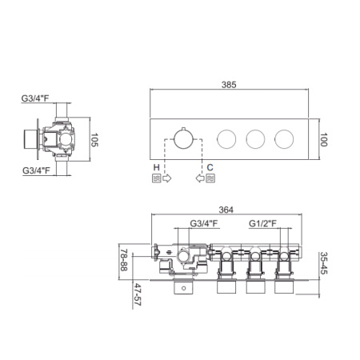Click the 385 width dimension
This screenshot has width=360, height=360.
pyautogui.click(x=229, y=85)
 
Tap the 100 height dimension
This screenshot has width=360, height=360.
pyautogui.click(x=323, y=140)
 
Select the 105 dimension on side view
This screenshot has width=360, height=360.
pyautogui.click(x=94, y=140)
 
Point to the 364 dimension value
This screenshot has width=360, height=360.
pyautogui.click(x=226, y=210)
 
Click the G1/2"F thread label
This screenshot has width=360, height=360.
pyautogui.click(x=262, y=223)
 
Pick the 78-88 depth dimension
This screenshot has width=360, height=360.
pyautogui.click(x=124, y=260)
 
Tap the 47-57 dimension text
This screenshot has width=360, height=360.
pyautogui.click(x=138, y=294)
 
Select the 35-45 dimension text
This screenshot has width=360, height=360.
pyautogui.click(x=324, y=263)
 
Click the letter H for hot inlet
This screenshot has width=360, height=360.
pyautogui.click(x=156, y=167)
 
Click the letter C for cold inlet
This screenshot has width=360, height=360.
pyautogui.click(x=210, y=167)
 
